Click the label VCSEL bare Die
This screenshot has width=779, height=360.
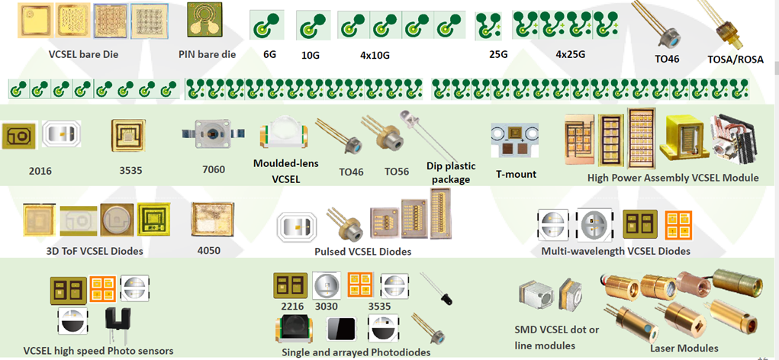click(84, 54)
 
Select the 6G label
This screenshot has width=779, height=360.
click(269, 55)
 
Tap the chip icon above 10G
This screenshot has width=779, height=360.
click(310, 27)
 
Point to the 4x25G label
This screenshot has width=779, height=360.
click(570, 54)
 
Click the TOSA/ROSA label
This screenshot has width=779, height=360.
click(736, 59)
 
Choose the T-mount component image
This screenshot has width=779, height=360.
click(516, 138)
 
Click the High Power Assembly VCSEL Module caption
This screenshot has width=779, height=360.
click(673, 178)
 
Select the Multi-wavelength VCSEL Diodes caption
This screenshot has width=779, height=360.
click(615, 251)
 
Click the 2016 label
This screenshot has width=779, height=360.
click(39, 171)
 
